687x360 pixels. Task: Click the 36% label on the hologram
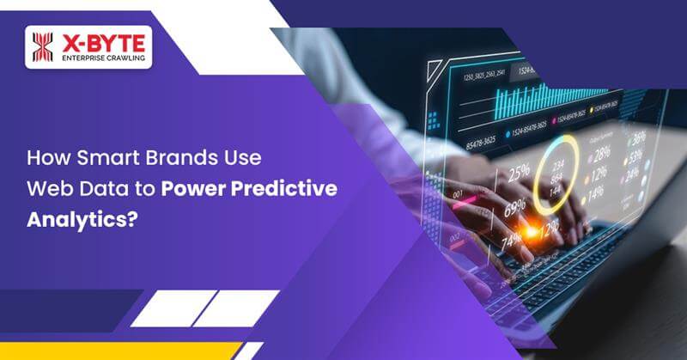coord(636,137)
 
